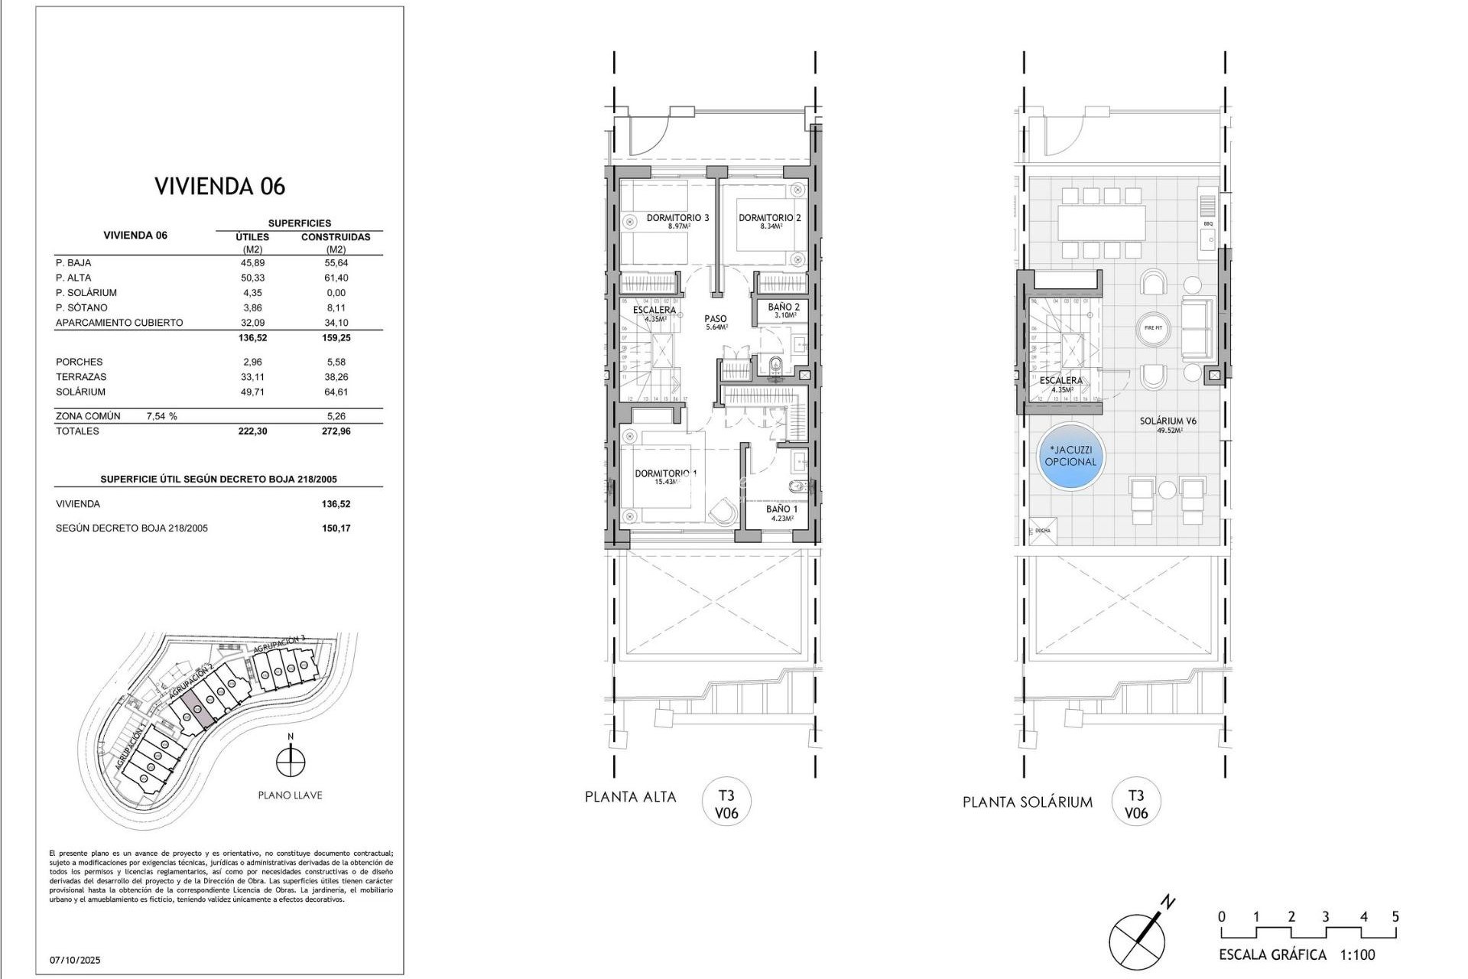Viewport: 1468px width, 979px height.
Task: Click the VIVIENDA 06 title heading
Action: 219,187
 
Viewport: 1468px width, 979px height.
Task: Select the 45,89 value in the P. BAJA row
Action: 252,263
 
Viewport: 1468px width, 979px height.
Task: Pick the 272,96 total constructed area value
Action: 335,431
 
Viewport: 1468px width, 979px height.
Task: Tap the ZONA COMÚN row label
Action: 88,416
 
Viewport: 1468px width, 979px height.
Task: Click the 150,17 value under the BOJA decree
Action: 336,529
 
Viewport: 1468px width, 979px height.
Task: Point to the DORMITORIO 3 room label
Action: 677,219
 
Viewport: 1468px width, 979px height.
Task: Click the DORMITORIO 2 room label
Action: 769,219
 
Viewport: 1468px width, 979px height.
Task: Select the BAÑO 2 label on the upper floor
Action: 784,307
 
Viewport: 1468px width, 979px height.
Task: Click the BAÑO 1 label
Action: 781,509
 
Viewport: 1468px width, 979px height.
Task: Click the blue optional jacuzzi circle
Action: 1070,457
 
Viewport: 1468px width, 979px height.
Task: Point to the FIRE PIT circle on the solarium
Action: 1154,328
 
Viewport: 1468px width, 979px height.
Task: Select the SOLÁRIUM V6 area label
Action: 1168,421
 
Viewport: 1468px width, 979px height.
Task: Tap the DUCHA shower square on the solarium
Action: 1041,530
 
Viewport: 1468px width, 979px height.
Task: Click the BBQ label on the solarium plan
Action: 1208,224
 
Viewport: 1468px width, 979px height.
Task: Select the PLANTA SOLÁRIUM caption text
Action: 1027,802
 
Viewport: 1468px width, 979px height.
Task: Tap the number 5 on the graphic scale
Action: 1395,917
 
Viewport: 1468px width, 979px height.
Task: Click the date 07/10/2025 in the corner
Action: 76,960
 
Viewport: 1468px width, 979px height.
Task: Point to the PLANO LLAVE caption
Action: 290,795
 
